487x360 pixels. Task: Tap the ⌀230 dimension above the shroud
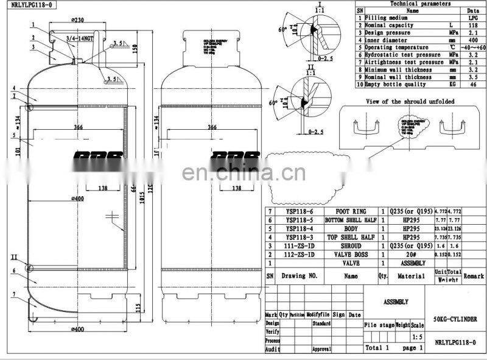(x=77, y=20)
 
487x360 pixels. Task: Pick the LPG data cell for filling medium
(x=472, y=18)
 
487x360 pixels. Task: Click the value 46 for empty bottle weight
(x=472, y=84)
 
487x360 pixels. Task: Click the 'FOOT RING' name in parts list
(x=351, y=209)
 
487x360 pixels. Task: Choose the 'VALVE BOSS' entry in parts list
(x=351, y=255)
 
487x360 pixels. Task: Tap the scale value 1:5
(x=417, y=336)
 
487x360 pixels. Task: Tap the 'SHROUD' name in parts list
(x=351, y=247)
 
